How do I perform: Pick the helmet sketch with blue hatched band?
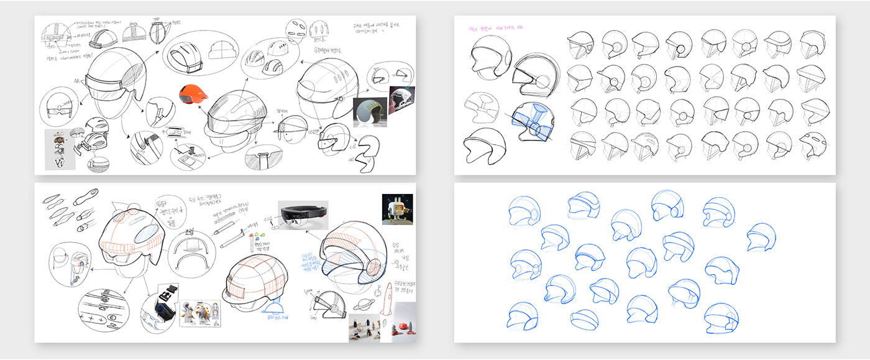(533, 121)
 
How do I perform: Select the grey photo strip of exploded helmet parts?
(60, 149)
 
